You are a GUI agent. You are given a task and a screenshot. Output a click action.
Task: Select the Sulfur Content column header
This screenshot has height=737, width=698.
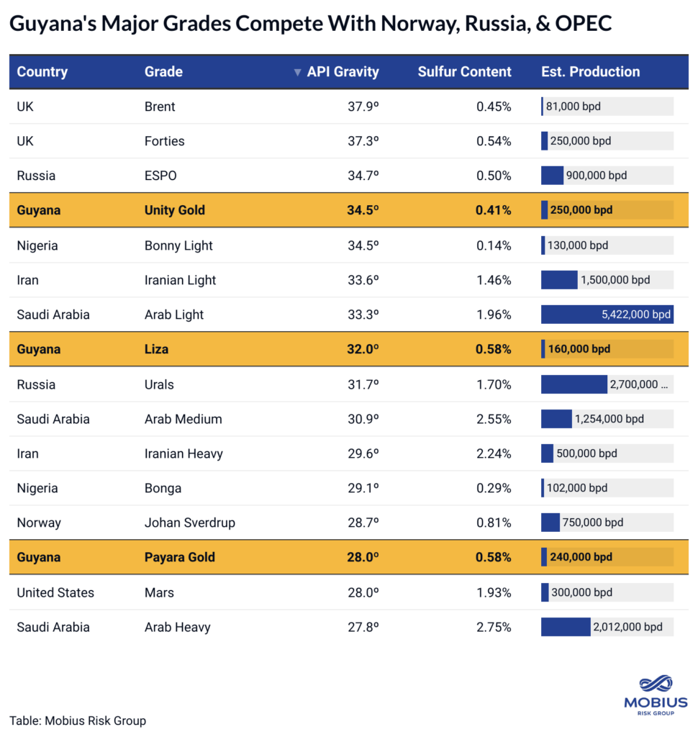click(464, 72)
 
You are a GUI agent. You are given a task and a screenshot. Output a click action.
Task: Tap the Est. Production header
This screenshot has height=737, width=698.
click(590, 72)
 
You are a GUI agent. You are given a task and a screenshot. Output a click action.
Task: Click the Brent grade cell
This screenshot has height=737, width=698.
click(160, 107)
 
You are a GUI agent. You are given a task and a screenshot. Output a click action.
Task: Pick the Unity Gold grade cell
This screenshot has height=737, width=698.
click(175, 210)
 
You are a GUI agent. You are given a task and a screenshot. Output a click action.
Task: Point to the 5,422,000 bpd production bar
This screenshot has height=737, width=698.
click(607, 315)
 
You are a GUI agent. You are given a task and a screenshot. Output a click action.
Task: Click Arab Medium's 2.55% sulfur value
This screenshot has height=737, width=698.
click(494, 419)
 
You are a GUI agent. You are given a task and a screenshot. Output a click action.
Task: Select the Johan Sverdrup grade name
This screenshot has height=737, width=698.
click(190, 523)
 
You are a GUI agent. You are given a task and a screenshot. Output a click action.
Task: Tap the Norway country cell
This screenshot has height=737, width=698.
click(39, 523)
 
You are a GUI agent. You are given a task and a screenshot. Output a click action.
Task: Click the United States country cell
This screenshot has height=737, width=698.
click(55, 592)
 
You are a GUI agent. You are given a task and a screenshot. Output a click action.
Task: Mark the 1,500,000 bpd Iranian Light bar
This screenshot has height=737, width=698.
click(559, 280)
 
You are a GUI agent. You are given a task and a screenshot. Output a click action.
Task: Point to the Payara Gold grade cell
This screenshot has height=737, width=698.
click(180, 557)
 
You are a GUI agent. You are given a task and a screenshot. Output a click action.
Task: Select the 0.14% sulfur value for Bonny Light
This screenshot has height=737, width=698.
click(494, 245)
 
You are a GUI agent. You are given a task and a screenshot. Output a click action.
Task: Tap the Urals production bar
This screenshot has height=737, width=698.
click(574, 384)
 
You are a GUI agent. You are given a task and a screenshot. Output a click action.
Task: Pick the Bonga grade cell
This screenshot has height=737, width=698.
click(163, 488)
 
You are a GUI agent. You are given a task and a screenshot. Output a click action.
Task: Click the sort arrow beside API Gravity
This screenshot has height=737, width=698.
click(297, 73)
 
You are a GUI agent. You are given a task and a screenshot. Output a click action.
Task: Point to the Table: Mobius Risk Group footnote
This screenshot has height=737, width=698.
click(78, 720)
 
